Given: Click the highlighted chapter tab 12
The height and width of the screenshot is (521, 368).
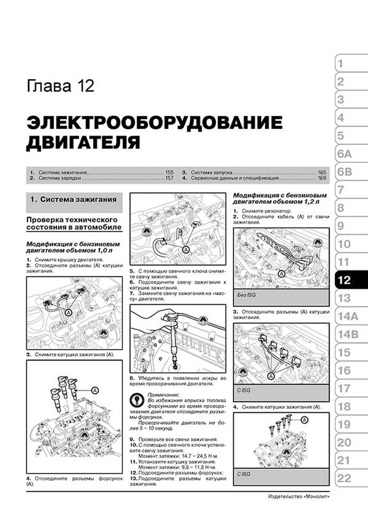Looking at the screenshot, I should pos(350,280).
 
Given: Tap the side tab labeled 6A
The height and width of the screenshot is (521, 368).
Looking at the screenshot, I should pos(350,154).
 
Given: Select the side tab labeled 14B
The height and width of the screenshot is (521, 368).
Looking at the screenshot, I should pos(350,334).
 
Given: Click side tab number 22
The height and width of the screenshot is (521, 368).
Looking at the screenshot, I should pos(350,479).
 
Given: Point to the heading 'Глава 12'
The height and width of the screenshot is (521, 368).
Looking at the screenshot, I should pos(60,86).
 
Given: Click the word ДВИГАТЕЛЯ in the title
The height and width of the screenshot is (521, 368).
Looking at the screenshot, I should pos(83,143).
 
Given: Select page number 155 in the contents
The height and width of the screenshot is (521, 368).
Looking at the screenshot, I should pos(169,172).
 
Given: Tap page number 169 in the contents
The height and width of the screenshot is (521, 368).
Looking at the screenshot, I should pos(322,178).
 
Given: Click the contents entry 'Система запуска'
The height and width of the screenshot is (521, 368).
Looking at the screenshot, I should pos(211,172).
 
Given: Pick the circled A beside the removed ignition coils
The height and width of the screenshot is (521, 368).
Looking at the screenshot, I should pos(95,390).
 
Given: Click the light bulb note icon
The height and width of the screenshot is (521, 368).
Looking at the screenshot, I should pos(136,400).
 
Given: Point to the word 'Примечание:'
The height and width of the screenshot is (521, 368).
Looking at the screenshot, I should pos(163,395).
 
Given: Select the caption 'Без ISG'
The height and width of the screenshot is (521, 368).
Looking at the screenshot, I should pos(246,295).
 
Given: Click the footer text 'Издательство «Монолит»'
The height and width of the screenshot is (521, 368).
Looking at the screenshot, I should pos(299,496).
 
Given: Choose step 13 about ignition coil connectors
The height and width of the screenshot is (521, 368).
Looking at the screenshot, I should pos(178,481).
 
